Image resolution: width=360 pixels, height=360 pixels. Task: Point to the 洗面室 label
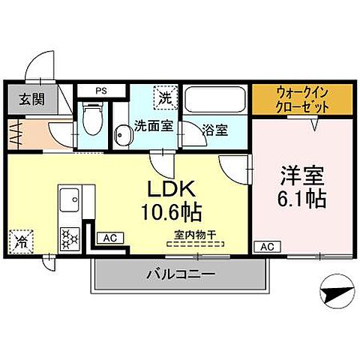pyautogui.click(x=154, y=126)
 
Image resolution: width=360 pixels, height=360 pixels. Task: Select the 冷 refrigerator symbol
pyautogui.click(x=20, y=241)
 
